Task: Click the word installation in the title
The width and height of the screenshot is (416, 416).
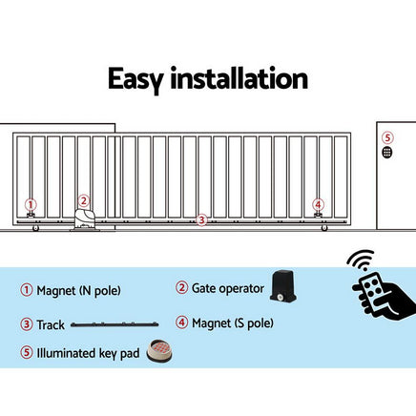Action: (x=243, y=77)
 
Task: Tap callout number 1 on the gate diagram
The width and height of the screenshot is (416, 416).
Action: (x=31, y=204)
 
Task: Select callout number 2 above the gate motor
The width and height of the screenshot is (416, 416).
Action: (x=83, y=201)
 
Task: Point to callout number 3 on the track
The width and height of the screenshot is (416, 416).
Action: (x=200, y=220)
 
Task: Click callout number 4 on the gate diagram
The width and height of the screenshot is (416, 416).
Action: (x=318, y=204)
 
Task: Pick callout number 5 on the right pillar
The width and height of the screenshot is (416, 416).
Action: (x=386, y=136)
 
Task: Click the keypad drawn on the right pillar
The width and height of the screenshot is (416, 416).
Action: (x=386, y=152)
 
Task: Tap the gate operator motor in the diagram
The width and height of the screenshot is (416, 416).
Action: (x=84, y=219)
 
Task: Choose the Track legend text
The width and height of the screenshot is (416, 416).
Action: (x=51, y=324)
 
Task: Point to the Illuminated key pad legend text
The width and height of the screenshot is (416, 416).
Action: (x=88, y=353)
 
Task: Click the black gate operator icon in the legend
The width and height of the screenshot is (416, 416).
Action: (x=284, y=283)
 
